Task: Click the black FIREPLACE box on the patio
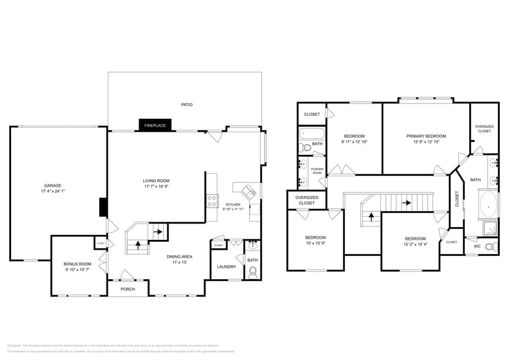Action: [156, 125]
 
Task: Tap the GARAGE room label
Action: [53, 186]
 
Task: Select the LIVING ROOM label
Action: [156, 181]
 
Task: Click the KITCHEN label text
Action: [233, 204]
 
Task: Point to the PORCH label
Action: [127, 289]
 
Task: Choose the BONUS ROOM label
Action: [77, 264]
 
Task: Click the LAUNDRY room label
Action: [226, 266]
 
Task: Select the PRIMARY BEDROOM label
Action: [426, 136]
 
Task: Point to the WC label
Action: [477, 247]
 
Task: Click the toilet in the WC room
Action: [489, 247]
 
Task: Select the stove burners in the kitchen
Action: [211, 201]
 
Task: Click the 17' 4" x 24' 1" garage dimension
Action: [53, 192]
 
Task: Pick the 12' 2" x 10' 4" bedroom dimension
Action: [415, 244]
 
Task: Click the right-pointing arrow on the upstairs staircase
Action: [405, 202]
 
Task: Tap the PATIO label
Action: [187, 105]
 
